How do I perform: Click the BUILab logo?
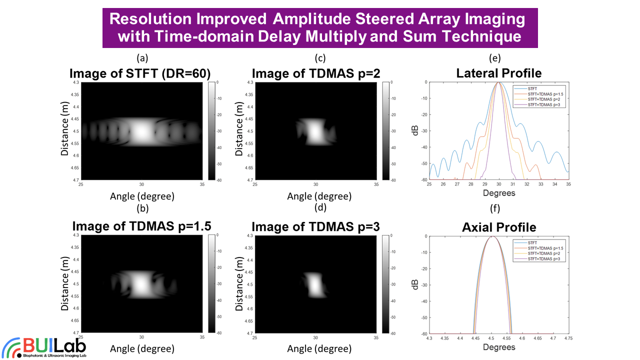pyautogui.click(x=44, y=347)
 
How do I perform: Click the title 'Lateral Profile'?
pyautogui.click(x=498, y=73)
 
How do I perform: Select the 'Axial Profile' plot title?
pyautogui.click(x=498, y=227)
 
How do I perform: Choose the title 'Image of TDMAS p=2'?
pyautogui.click(x=316, y=74)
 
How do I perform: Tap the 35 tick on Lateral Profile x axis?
pyautogui.click(x=568, y=184)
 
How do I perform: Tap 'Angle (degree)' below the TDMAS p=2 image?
pyautogui.click(x=316, y=196)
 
